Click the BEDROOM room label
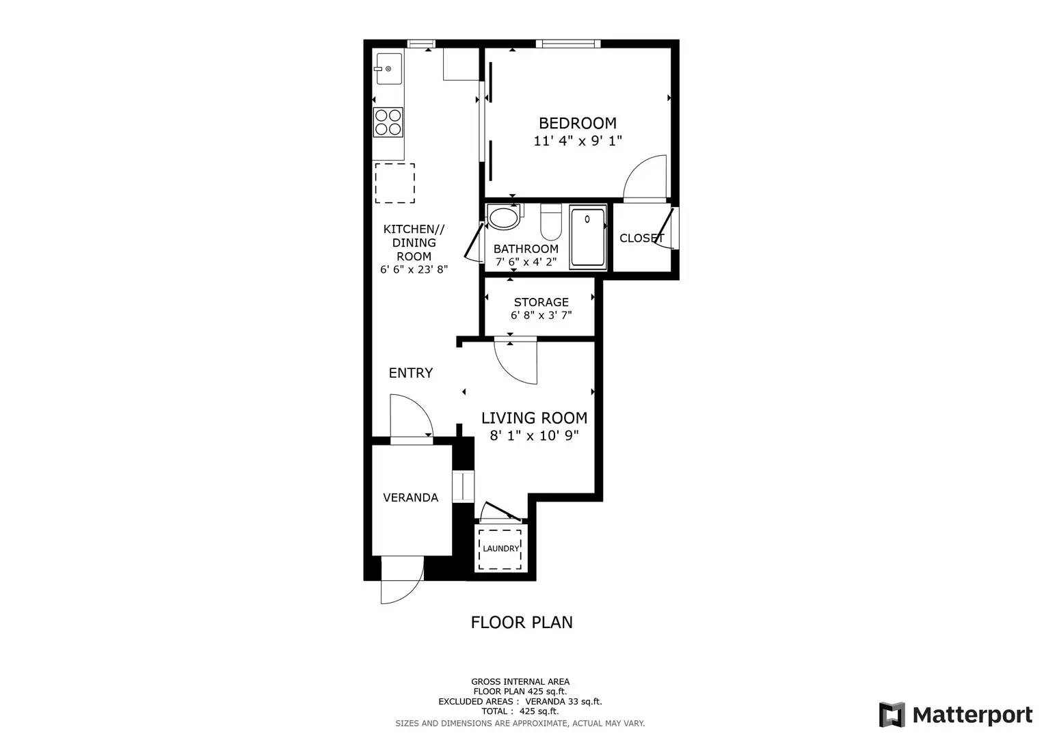coord(578,123)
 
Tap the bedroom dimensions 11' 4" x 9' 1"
coord(578,141)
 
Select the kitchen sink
coord(389,69)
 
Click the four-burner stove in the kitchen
coord(388,122)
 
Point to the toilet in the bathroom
coord(551,222)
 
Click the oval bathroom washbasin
coord(503,217)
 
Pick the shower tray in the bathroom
coord(588,238)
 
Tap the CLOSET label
coord(642,238)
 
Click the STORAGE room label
coord(541,302)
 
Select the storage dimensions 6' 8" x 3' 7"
coord(541,316)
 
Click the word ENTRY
coord(411,372)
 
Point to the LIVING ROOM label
coord(534,418)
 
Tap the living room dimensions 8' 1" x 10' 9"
coord(534,436)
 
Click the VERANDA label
coord(411,497)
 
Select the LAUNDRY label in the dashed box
coord(500,548)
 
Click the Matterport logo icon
coord(892,715)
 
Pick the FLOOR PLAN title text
coord(522,623)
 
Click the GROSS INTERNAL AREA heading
coord(520,682)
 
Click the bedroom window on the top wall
coord(568,44)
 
